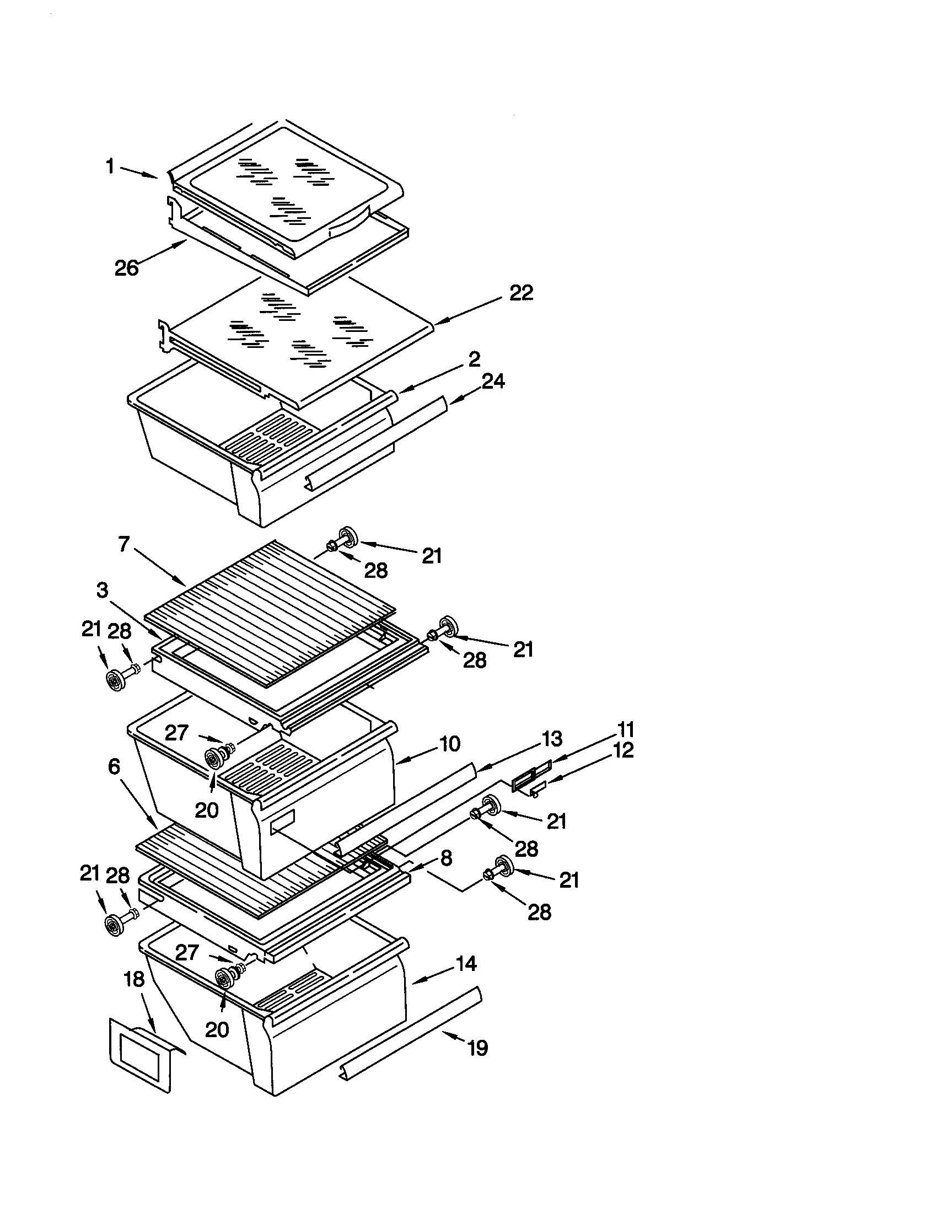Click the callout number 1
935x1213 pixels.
click(x=110, y=166)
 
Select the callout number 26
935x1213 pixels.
click(x=127, y=269)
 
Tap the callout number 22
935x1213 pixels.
click(x=521, y=293)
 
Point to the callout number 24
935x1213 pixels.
click(x=493, y=381)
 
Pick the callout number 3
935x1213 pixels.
click(x=102, y=591)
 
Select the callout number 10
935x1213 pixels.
click(x=449, y=743)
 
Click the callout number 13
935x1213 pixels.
click(x=551, y=739)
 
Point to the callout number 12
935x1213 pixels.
click(x=624, y=750)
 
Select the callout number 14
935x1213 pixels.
click(x=466, y=964)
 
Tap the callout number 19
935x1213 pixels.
click(x=477, y=1048)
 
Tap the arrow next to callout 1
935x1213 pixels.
click(x=139, y=172)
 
